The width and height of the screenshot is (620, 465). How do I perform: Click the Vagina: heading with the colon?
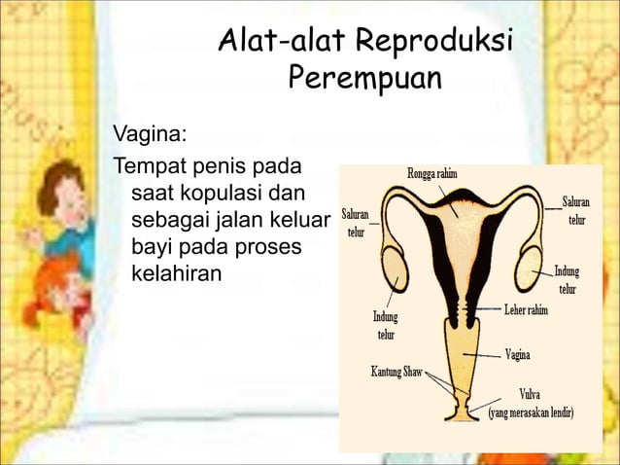point(152,131)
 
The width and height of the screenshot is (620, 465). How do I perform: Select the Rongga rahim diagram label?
point(432,173)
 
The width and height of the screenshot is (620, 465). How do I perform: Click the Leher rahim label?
point(526,309)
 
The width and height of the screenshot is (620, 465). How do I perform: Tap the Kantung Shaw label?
point(396,373)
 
